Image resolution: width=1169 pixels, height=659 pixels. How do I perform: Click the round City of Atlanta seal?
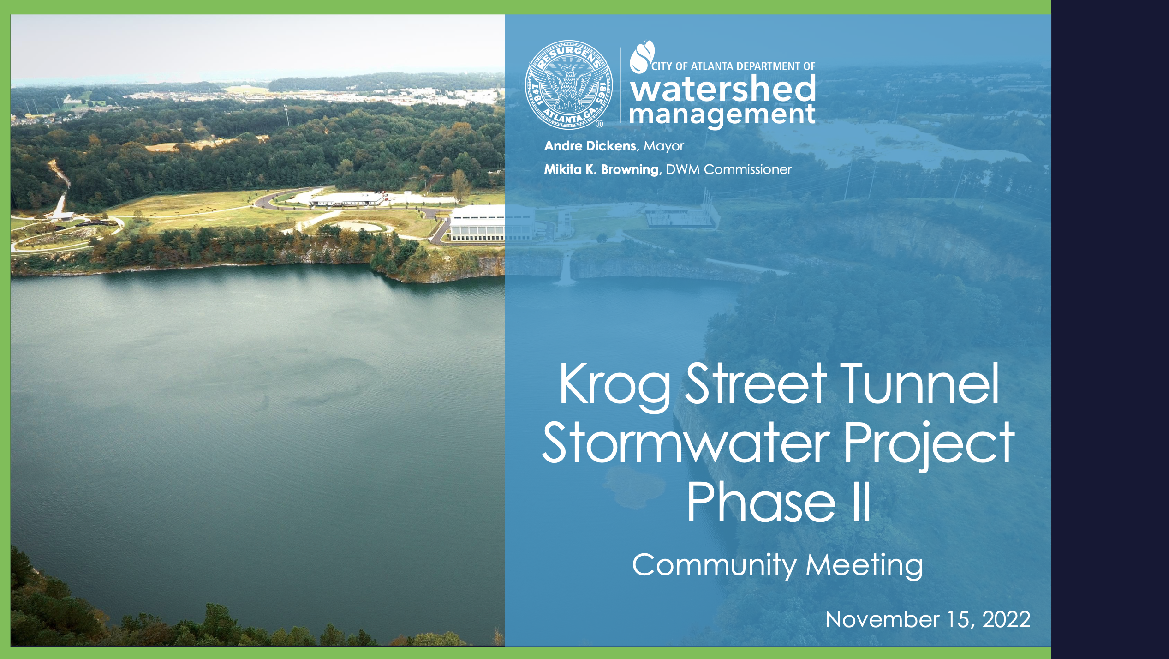coord(569,84)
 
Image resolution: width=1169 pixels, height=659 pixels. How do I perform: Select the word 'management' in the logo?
coord(722,114)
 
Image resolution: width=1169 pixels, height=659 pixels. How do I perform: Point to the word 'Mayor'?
coord(664,146)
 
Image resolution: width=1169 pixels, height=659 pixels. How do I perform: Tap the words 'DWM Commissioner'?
coord(729,169)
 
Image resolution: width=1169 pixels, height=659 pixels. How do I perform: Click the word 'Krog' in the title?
coord(614,385)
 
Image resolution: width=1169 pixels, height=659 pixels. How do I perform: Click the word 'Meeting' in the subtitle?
coord(864,566)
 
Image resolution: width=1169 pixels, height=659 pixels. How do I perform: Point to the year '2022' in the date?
coord(1006,620)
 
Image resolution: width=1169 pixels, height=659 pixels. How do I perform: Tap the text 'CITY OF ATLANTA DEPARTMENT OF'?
coord(734,66)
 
